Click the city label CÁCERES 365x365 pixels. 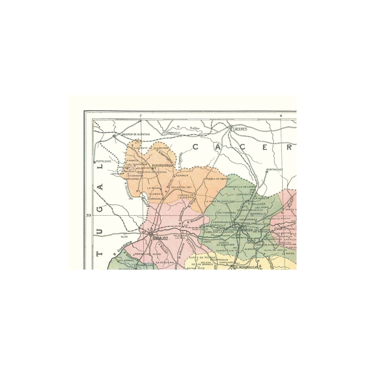[240, 129]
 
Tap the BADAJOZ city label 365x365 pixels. [161, 238]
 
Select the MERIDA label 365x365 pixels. [247, 230]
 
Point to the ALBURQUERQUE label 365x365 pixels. [163, 165]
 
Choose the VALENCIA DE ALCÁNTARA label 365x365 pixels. [136, 134]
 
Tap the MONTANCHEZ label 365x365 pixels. [274, 169]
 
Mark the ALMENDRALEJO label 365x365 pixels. [246, 267]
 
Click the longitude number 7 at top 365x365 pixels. [141, 116]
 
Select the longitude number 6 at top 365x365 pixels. [281, 116]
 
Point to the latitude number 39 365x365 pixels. [88, 215]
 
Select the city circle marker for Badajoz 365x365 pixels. [151, 235]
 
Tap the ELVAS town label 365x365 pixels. [124, 237]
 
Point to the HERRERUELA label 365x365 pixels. [172, 132]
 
